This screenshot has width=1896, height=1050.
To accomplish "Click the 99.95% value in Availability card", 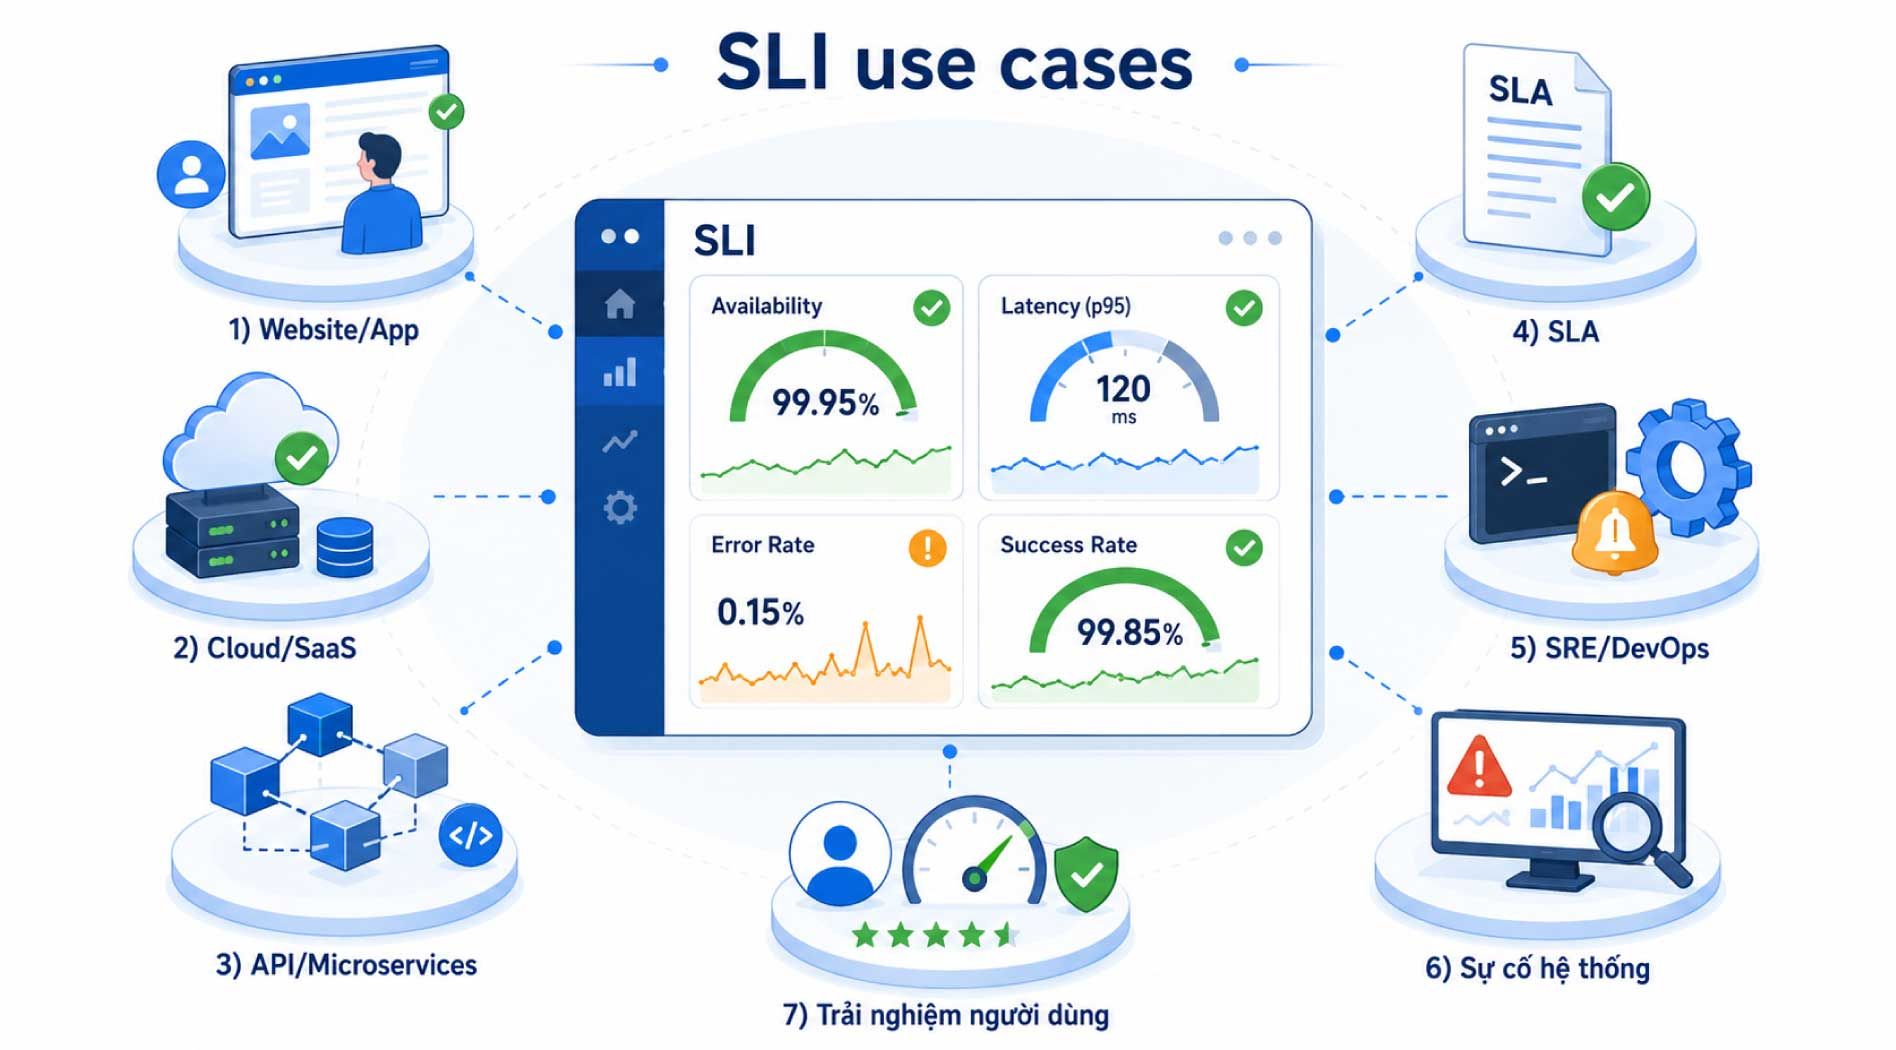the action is click(825, 403).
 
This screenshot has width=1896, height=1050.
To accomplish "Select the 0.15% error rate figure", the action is click(760, 612).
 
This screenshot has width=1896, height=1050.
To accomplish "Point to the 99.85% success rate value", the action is click(1129, 632).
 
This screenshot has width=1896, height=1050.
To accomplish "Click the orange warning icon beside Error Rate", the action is click(927, 548).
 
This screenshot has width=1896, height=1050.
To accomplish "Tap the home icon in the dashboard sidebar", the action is click(620, 303).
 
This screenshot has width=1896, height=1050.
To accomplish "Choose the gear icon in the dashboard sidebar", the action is click(620, 508).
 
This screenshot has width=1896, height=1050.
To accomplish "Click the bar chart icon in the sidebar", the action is click(620, 372).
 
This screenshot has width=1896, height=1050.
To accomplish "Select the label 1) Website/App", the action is click(324, 329).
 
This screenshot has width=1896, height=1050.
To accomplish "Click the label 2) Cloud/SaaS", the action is click(265, 648).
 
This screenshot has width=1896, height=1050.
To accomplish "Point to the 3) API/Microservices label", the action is click(346, 965).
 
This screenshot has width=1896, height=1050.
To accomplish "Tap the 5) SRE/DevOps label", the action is click(1609, 648).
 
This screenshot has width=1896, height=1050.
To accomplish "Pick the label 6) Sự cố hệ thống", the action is click(1537, 968).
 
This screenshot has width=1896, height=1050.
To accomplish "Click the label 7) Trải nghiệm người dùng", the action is click(946, 1015).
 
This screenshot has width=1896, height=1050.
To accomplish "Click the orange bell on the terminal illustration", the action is click(1614, 534).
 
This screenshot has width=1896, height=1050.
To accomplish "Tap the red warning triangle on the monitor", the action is click(1479, 767).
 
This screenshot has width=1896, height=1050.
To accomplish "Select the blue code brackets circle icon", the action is click(470, 835).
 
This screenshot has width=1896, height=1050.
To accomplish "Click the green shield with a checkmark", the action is click(1087, 874).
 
